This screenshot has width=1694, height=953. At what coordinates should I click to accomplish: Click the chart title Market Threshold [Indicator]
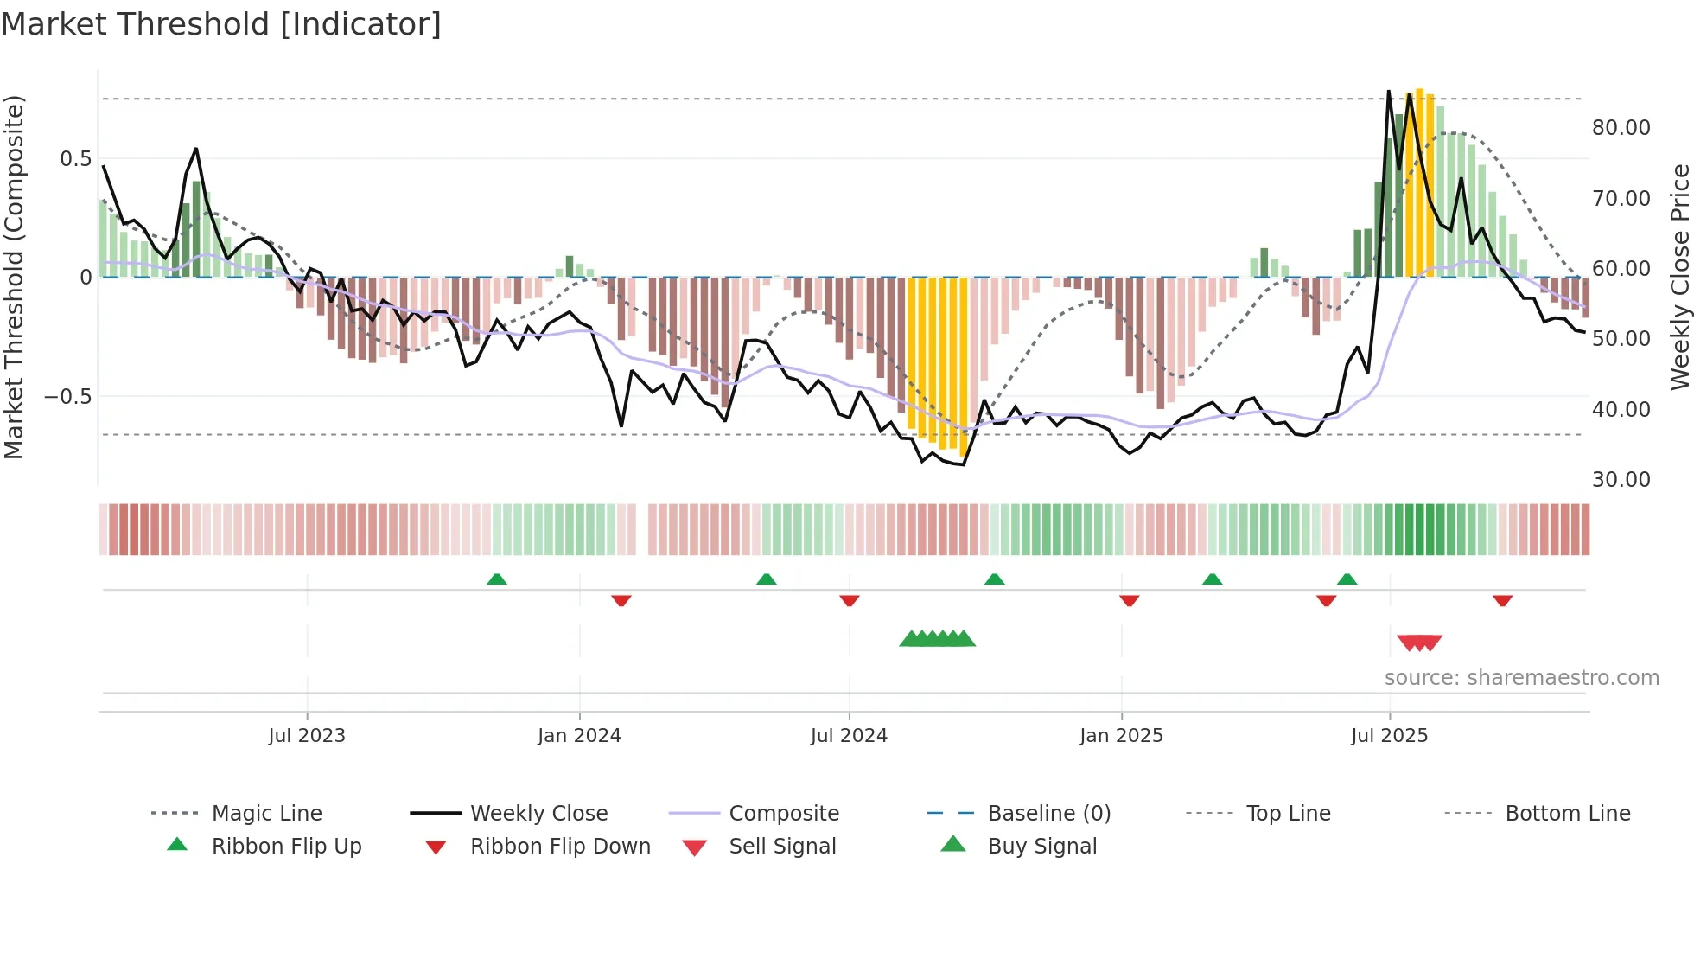221,24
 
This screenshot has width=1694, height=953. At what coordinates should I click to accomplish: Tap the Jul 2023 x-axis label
307,736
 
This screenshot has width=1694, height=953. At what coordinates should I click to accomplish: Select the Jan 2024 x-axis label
579,736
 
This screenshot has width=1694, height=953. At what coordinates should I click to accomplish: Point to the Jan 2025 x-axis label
1121,736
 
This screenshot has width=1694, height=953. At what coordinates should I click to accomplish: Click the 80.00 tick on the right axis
1621,128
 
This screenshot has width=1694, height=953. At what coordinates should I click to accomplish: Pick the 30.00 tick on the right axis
1621,480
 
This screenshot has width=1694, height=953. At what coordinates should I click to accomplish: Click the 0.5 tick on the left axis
75,159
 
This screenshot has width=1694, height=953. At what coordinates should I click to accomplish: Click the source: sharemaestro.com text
1521,678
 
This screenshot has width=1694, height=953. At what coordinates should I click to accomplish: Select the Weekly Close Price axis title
1679,277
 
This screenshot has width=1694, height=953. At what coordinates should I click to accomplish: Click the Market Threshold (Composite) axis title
14,277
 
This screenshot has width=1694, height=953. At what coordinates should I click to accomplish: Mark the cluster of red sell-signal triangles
1419,643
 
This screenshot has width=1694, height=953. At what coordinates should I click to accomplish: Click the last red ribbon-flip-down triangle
1502,600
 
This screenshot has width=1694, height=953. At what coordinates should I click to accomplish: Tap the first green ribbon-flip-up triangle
497,579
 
